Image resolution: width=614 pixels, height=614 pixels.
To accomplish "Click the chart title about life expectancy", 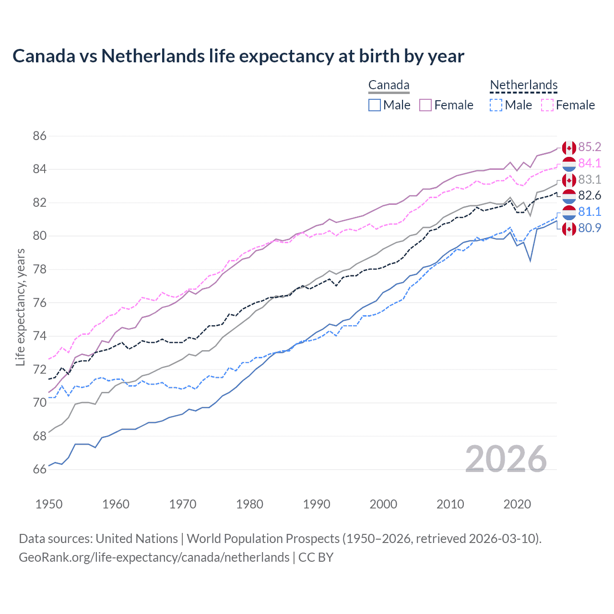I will (x=238, y=56).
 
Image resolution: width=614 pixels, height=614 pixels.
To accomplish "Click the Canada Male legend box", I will (x=375, y=105).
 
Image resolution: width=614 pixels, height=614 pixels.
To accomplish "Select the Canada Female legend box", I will (x=425, y=105).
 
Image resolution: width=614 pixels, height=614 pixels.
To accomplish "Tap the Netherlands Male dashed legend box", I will (x=496, y=105).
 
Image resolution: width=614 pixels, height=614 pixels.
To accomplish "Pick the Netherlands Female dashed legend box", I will (x=547, y=105).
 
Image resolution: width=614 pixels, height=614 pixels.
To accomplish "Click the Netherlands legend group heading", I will (x=523, y=85).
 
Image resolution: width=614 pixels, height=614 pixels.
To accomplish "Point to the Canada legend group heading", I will (x=389, y=85).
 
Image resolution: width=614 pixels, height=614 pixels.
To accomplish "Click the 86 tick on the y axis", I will (x=40, y=136).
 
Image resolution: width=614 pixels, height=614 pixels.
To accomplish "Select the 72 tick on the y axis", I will (x=40, y=369).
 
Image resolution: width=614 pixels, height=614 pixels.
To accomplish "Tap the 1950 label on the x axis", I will (x=49, y=504).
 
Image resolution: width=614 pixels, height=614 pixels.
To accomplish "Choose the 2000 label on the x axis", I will (x=383, y=504).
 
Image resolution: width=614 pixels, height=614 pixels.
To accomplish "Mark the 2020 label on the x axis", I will (x=517, y=504).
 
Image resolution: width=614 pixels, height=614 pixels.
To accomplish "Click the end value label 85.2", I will (x=590, y=147).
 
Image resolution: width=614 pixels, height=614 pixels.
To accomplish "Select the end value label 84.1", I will (x=590, y=163).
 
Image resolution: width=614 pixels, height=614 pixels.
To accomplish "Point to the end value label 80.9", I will (x=590, y=228).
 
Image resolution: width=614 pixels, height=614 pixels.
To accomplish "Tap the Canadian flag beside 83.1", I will (x=569, y=180).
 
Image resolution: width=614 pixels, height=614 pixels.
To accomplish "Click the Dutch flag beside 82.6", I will (x=569, y=196).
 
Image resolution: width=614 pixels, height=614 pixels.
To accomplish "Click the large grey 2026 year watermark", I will (x=506, y=459).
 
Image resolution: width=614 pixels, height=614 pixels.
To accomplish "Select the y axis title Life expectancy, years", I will (x=20, y=307).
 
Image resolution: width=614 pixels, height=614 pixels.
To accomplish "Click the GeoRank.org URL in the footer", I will (x=154, y=557).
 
